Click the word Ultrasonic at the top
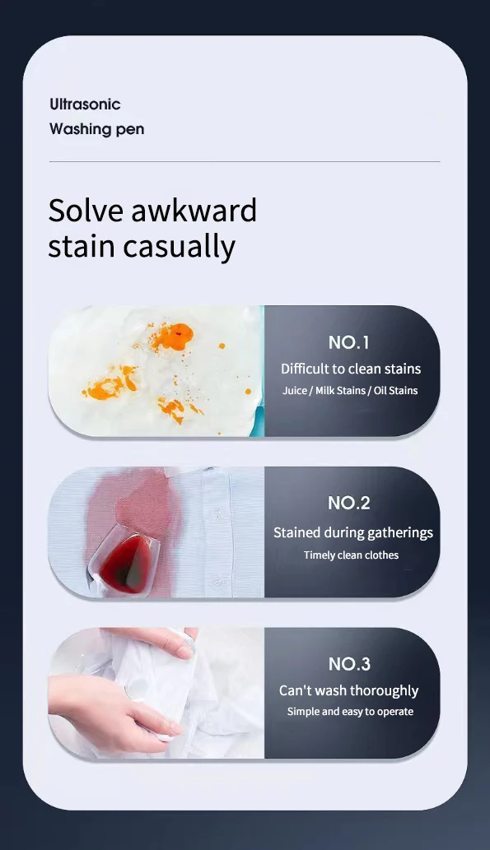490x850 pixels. [85, 105]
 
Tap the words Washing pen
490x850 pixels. [96, 129]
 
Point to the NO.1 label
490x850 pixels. [349, 342]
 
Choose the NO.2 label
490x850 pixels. [349, 503]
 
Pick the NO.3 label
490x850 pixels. [349, 664]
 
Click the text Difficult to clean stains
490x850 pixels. [351, 369]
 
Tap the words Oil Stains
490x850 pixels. [396, 391]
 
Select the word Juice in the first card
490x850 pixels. [295, 391]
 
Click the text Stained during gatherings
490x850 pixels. [352, 532]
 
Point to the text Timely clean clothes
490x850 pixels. [351, 555]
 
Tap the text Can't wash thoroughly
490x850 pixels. [349, 691]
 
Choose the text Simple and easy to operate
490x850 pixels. [350, 712]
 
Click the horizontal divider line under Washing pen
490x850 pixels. [245, 162]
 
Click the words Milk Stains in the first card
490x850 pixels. [340, 391]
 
